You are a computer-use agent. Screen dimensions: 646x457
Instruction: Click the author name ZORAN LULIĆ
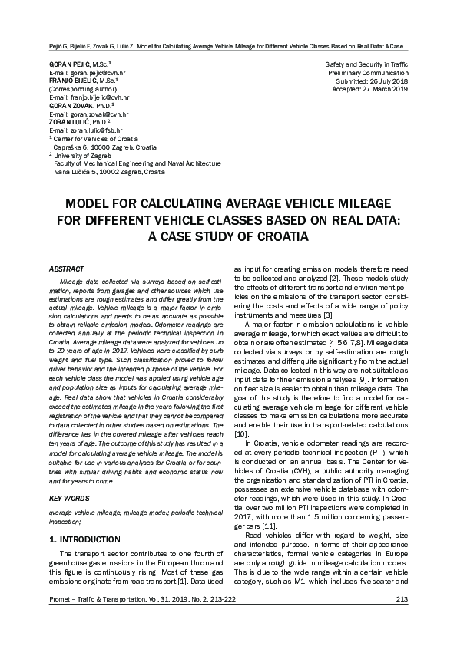(71, 122)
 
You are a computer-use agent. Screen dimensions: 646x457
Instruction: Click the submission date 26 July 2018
(384, 81)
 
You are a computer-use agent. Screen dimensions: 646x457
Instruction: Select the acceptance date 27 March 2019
(382, 89)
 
